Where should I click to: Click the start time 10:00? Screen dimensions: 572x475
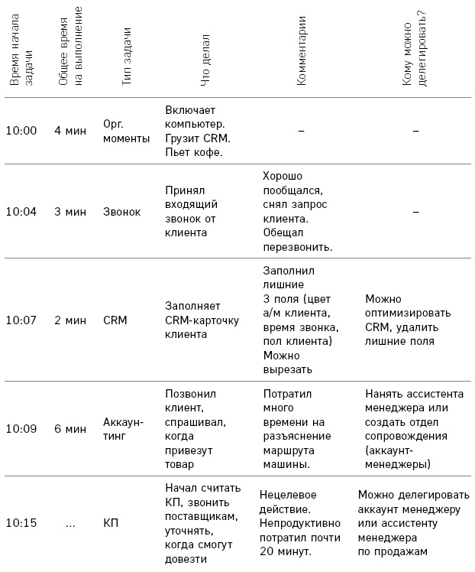(x=21, y=131)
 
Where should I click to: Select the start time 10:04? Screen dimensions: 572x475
(x=21, y=212)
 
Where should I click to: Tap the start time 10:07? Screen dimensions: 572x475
(x=21, y=320)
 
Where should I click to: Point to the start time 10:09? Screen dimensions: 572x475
(x=21, y=429)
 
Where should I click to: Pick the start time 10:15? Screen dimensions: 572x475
(x=21, y=524)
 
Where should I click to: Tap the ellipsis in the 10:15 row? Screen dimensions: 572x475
(x=70, y=524)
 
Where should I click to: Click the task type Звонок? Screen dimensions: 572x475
(x=122, y=212)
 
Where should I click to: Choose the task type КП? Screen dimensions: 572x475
(x=111, y=524)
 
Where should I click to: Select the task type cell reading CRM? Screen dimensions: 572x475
(x=115, y=320)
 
